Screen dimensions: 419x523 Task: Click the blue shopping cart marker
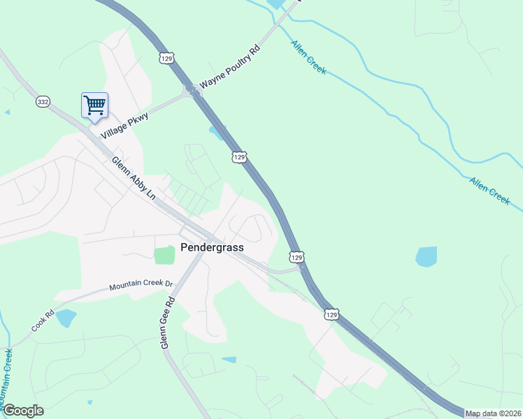pos(94,105)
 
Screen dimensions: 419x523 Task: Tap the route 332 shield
pos(43,102)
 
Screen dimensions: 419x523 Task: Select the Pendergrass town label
pos(210,247)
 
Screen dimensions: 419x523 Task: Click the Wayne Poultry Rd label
pos(229,68)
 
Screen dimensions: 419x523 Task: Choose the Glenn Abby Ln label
pos(134,178)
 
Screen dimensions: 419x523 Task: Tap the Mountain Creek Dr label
pos(141,286)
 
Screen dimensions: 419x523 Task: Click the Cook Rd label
pos(43,321)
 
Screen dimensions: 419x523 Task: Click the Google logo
pos(22,411)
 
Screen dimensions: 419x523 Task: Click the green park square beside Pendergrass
pos(164,255)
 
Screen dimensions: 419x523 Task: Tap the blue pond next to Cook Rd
pos(65,318)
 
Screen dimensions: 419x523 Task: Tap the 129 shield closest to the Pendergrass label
pos(296,257)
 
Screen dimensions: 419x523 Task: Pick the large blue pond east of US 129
pos(426,256)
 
